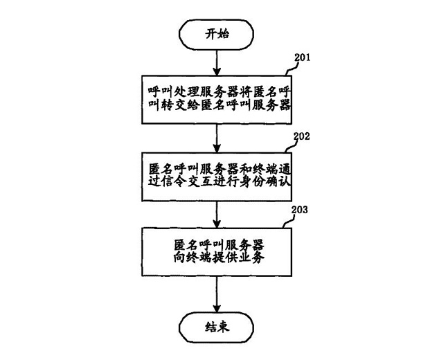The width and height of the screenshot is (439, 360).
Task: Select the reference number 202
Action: (300, 136)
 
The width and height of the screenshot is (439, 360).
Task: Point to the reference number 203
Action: (299, 208)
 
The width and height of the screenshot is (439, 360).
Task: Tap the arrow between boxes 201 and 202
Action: (217, 137)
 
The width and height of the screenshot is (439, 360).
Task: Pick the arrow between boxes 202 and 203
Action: (217, 212)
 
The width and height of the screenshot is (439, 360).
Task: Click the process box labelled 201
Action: (217, 99)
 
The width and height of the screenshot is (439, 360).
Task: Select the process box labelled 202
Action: (217, 175)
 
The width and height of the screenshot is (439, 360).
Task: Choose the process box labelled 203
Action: (217, 252)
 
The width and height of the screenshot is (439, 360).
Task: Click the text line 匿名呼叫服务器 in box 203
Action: (217, 244)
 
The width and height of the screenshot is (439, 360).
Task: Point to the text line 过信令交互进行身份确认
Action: (217, 185)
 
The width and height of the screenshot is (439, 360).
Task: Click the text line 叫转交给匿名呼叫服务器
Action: (217, 108)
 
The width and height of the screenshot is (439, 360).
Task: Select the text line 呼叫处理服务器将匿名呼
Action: (217, 90)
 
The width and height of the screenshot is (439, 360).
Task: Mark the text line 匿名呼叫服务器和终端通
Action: (217, 168)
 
